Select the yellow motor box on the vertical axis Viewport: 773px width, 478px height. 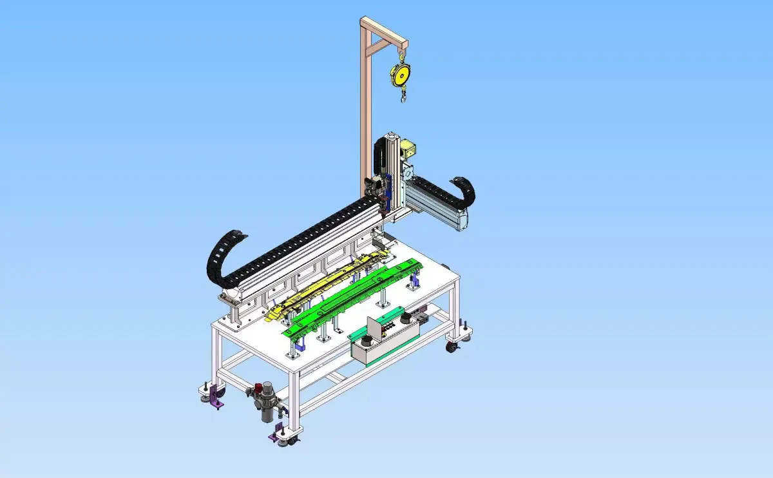point(408,151)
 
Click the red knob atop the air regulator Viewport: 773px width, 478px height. point(258,387)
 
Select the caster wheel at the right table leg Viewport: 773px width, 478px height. point(453,347)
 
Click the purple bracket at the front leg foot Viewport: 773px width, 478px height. point(279,433)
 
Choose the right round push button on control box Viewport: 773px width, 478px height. point(406,317)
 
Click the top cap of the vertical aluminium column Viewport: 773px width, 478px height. point(390,137)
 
